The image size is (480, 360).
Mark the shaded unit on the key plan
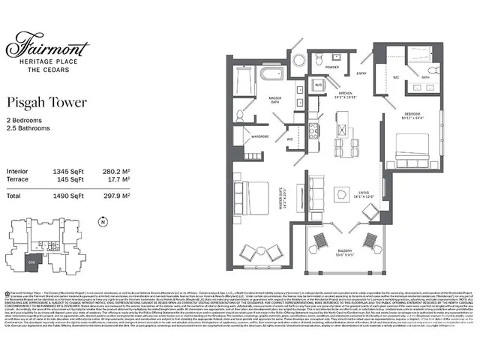pos(31,262)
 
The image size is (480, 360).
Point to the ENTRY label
pos(361,73)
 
